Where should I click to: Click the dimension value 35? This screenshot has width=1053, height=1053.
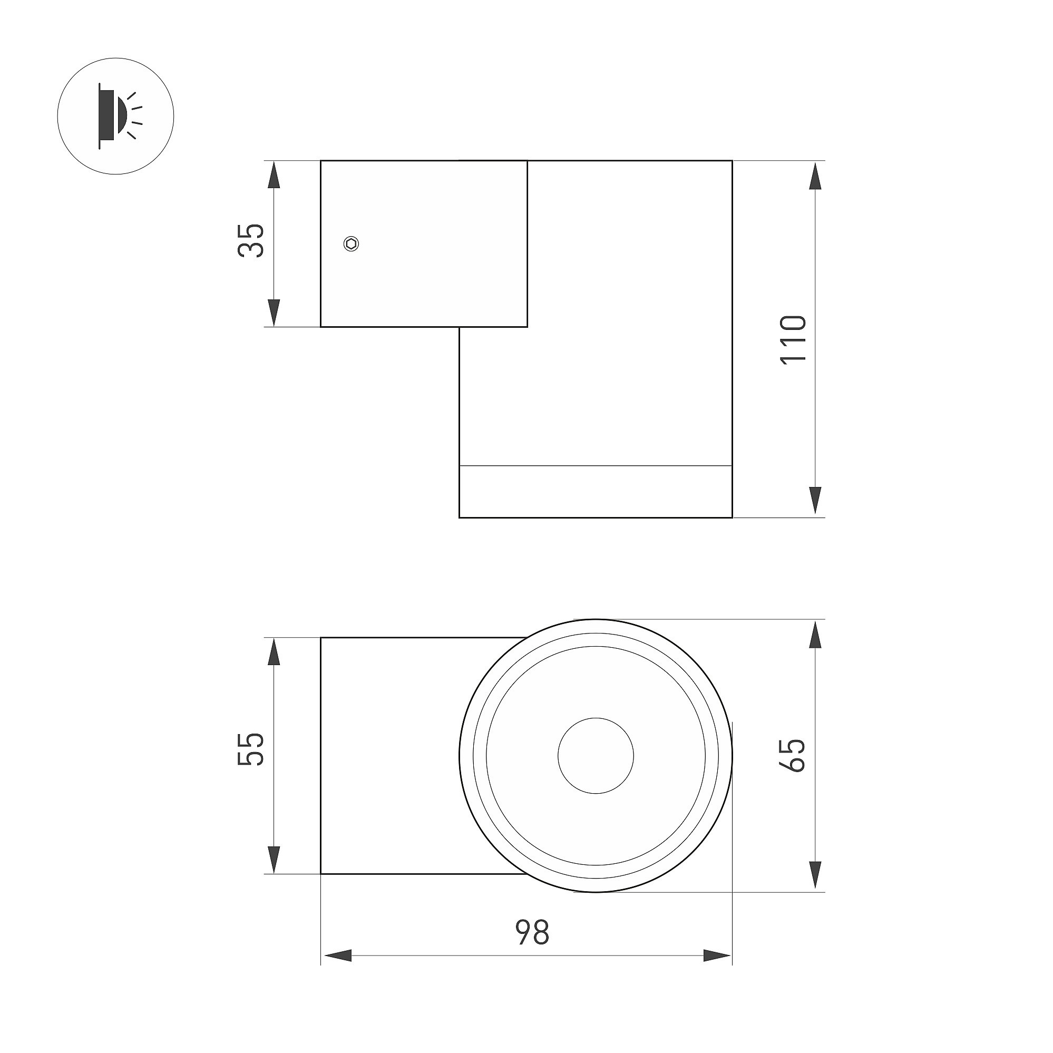pos(251,240)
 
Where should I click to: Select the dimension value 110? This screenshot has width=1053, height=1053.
pos(793,339)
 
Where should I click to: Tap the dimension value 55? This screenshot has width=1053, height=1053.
pos(251,749)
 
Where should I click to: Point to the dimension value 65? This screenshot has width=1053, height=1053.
pos(793,755)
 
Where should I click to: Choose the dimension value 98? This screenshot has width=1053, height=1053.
pos(532,932)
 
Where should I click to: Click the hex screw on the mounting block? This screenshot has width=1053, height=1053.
pos(352,243)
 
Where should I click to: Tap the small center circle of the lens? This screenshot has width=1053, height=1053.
pos(596,755)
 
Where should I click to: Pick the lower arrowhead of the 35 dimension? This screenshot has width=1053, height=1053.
pos(274,313)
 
